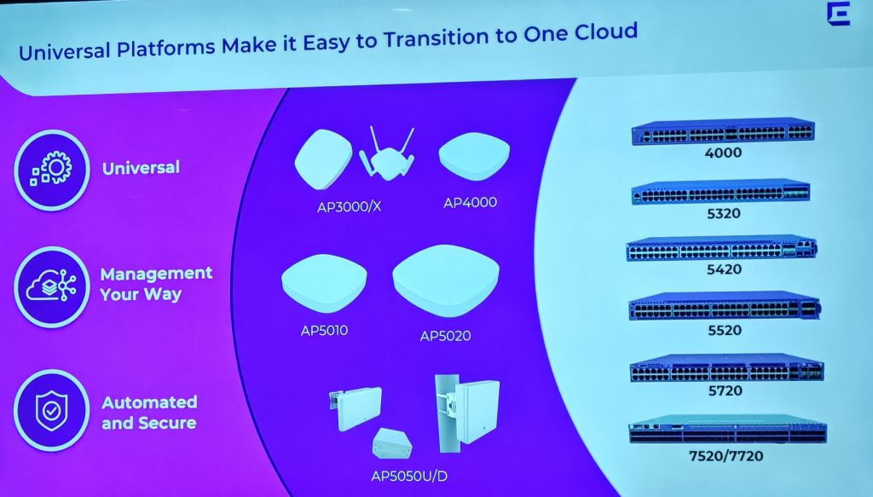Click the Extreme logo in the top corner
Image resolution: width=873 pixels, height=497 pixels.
click(839, 14)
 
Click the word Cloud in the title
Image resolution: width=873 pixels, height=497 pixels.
click(605, 32)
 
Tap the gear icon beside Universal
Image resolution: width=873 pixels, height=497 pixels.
click(52, 169)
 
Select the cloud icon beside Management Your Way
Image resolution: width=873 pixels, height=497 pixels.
click(52, 286)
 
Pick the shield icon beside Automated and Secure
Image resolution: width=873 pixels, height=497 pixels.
click(51, 411)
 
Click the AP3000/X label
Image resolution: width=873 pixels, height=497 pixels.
click(349, 207)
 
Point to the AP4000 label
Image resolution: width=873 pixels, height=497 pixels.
click(470, 203)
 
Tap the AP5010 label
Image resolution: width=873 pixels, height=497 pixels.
click(324, 331)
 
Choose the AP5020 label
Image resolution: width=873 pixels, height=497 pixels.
click(445, 336)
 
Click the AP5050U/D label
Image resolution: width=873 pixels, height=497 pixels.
click(409, 477)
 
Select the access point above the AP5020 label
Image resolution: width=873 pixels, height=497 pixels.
click(445, 280)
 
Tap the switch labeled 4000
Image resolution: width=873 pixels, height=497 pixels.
click(723, 131)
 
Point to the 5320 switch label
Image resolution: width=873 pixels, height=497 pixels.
click(723, 214)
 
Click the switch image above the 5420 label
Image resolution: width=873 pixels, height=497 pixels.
click(721, 248)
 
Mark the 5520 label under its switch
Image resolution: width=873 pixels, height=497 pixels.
click(725, 331)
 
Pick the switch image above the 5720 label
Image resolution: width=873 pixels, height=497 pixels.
click(726, 368)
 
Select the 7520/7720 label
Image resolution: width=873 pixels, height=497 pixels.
click(726, 456)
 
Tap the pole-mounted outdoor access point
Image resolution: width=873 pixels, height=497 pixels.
click(466, 413)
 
